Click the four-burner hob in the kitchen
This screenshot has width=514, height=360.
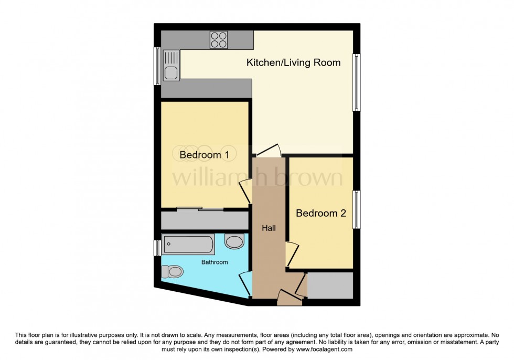(219, 40)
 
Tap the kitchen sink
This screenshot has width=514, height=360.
(171, 65)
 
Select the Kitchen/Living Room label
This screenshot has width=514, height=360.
(294, 63)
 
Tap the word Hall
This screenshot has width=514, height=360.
(269, 228)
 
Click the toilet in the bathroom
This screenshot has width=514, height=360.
(173, 271)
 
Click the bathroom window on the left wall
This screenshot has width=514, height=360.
(157, 248)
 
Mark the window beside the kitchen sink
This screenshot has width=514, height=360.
(157, 66)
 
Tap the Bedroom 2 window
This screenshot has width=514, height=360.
(357, 210)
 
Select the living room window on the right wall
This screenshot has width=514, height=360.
(357, 81)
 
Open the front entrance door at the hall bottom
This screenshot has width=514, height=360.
(290, 299)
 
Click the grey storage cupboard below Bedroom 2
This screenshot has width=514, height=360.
(329, 285)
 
